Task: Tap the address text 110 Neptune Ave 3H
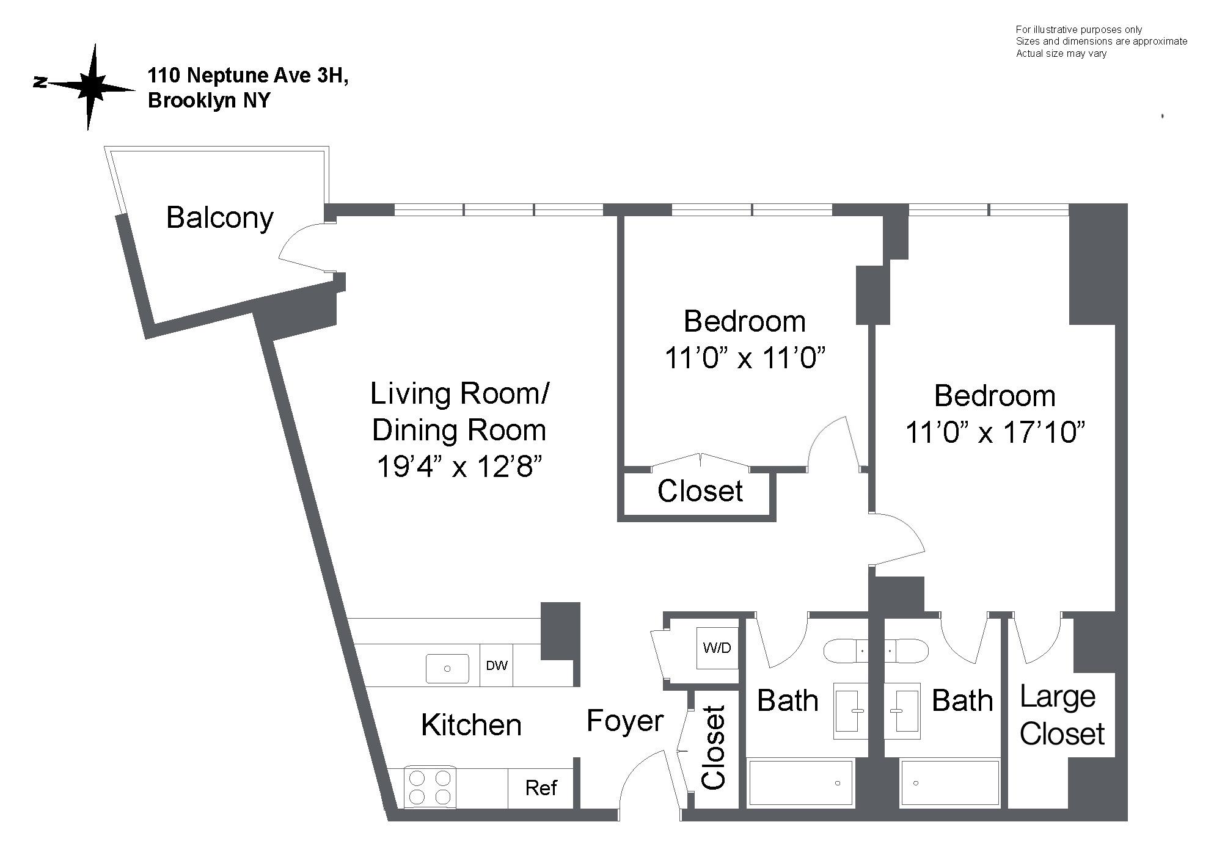point(247,76)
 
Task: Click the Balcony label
point(219,218)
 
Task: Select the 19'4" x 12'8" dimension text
point(459,467)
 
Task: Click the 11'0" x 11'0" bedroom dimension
point(745,358)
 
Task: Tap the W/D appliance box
point(717,648)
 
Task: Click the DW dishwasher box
point(497,666)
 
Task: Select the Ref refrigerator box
point(541,788)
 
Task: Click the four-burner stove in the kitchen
point(430,787)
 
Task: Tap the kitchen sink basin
point(447,668)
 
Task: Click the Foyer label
point(624,721)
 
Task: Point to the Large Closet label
point(1061,715)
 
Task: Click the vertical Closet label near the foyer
point(713,748)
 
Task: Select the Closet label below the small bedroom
point(700,491)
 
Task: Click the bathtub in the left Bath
point(800,782)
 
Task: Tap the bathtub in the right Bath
point(950,782)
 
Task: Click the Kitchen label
point(471,726)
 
